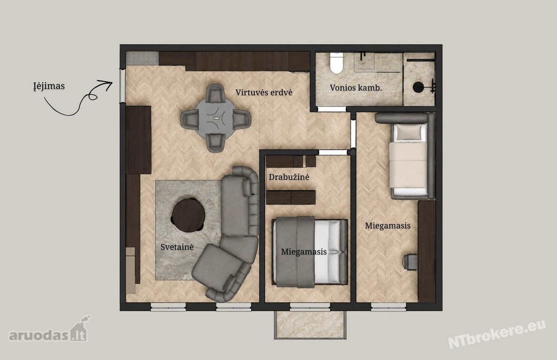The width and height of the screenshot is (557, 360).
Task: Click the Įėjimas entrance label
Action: [49, 86]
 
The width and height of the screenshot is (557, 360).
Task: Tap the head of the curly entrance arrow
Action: [110, 84]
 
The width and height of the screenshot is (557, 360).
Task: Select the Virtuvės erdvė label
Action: [264, 92]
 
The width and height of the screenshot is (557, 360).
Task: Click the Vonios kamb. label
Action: [356, 88]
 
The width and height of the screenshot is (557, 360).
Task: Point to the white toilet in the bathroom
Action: [337, 63]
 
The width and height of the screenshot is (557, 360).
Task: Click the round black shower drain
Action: [418, 87]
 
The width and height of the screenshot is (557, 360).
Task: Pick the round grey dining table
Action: [215, 118]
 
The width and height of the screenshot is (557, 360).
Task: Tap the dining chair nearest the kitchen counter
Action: [215, 93]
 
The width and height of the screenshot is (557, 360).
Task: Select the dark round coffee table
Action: [188, 215]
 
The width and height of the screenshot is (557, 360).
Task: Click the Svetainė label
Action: [177, 247]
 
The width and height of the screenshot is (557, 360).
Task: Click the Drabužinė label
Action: [289, 177]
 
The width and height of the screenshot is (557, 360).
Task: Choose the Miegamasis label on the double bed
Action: [304, 252]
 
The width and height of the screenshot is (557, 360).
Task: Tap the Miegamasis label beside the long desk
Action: [388, 226]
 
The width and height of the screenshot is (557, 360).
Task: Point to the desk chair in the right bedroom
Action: [410, 262]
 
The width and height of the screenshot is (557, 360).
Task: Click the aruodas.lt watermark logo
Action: [48, 329]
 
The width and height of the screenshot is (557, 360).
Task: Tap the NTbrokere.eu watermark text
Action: [497, 334]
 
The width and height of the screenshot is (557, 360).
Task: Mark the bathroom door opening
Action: [332, 109]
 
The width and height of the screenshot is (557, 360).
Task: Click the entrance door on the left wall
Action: [123, 85]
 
